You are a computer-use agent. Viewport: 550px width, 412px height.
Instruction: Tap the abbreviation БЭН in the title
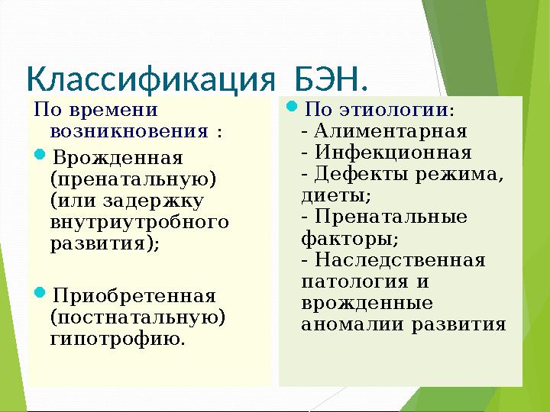click(329, 79)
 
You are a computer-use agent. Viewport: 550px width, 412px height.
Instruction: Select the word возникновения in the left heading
click(128, 131)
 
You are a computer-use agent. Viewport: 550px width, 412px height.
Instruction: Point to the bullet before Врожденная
click(41, 158)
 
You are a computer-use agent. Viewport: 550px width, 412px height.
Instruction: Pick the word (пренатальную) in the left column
click(132, 180)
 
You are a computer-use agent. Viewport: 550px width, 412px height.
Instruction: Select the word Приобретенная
click(132, 295)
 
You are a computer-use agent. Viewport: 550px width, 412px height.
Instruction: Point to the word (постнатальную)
click(137, 316)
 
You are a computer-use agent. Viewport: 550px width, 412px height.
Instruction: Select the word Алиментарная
click(390, 129)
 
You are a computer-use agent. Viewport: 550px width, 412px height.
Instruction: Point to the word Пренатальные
click(390, 217)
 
